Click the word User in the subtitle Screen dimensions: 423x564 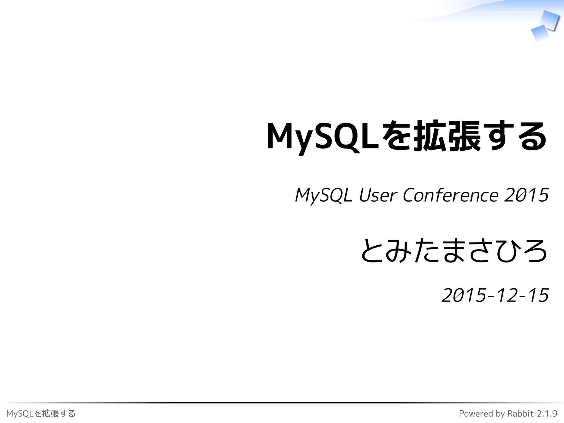378,195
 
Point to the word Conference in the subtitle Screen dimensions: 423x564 451,195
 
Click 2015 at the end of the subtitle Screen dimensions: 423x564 526,195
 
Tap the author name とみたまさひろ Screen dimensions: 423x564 454,251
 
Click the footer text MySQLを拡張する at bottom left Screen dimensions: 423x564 41,414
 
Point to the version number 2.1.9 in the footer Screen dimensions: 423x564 547,414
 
